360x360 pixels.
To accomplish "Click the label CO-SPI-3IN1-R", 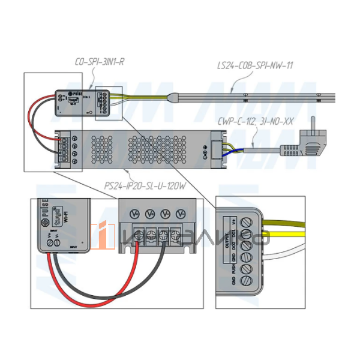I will click(99, 61).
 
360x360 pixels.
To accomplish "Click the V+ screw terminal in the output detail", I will click(247, 223).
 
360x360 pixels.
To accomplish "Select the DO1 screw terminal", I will click(247, 236).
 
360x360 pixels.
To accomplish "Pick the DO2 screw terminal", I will click(247, 248).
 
